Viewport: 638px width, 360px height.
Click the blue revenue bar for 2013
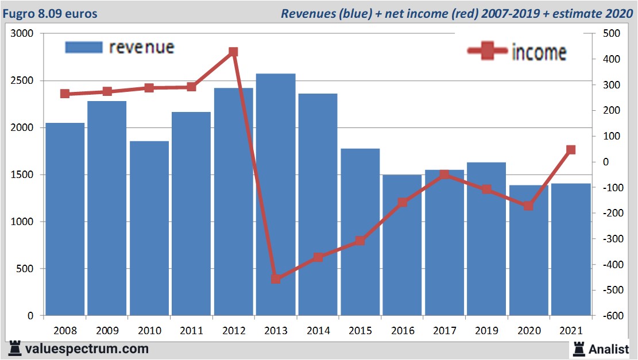[x=276, y=195]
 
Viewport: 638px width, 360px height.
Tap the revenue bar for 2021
[x=571, y=249]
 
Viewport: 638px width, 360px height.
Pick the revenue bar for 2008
[x=65, y=219]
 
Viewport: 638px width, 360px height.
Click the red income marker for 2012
[x=233, y=52]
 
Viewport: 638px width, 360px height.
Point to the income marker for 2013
[x=276, y=279]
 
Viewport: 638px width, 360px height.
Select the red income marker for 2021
[x=571, y=150]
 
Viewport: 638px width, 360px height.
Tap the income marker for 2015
[x=360, y=241]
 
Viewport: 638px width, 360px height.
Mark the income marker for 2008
[x=65, y=94]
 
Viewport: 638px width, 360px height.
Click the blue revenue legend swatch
[x=83, y=47]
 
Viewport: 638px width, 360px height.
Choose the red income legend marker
[x=488, y=52]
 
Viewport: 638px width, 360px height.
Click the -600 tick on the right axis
[x=610, y=316]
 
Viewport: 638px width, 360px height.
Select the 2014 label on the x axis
[x=318, y=331]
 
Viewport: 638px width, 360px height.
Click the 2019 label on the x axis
[x=486, y=331]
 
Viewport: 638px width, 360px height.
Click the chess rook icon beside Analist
[x=579, y=348]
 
